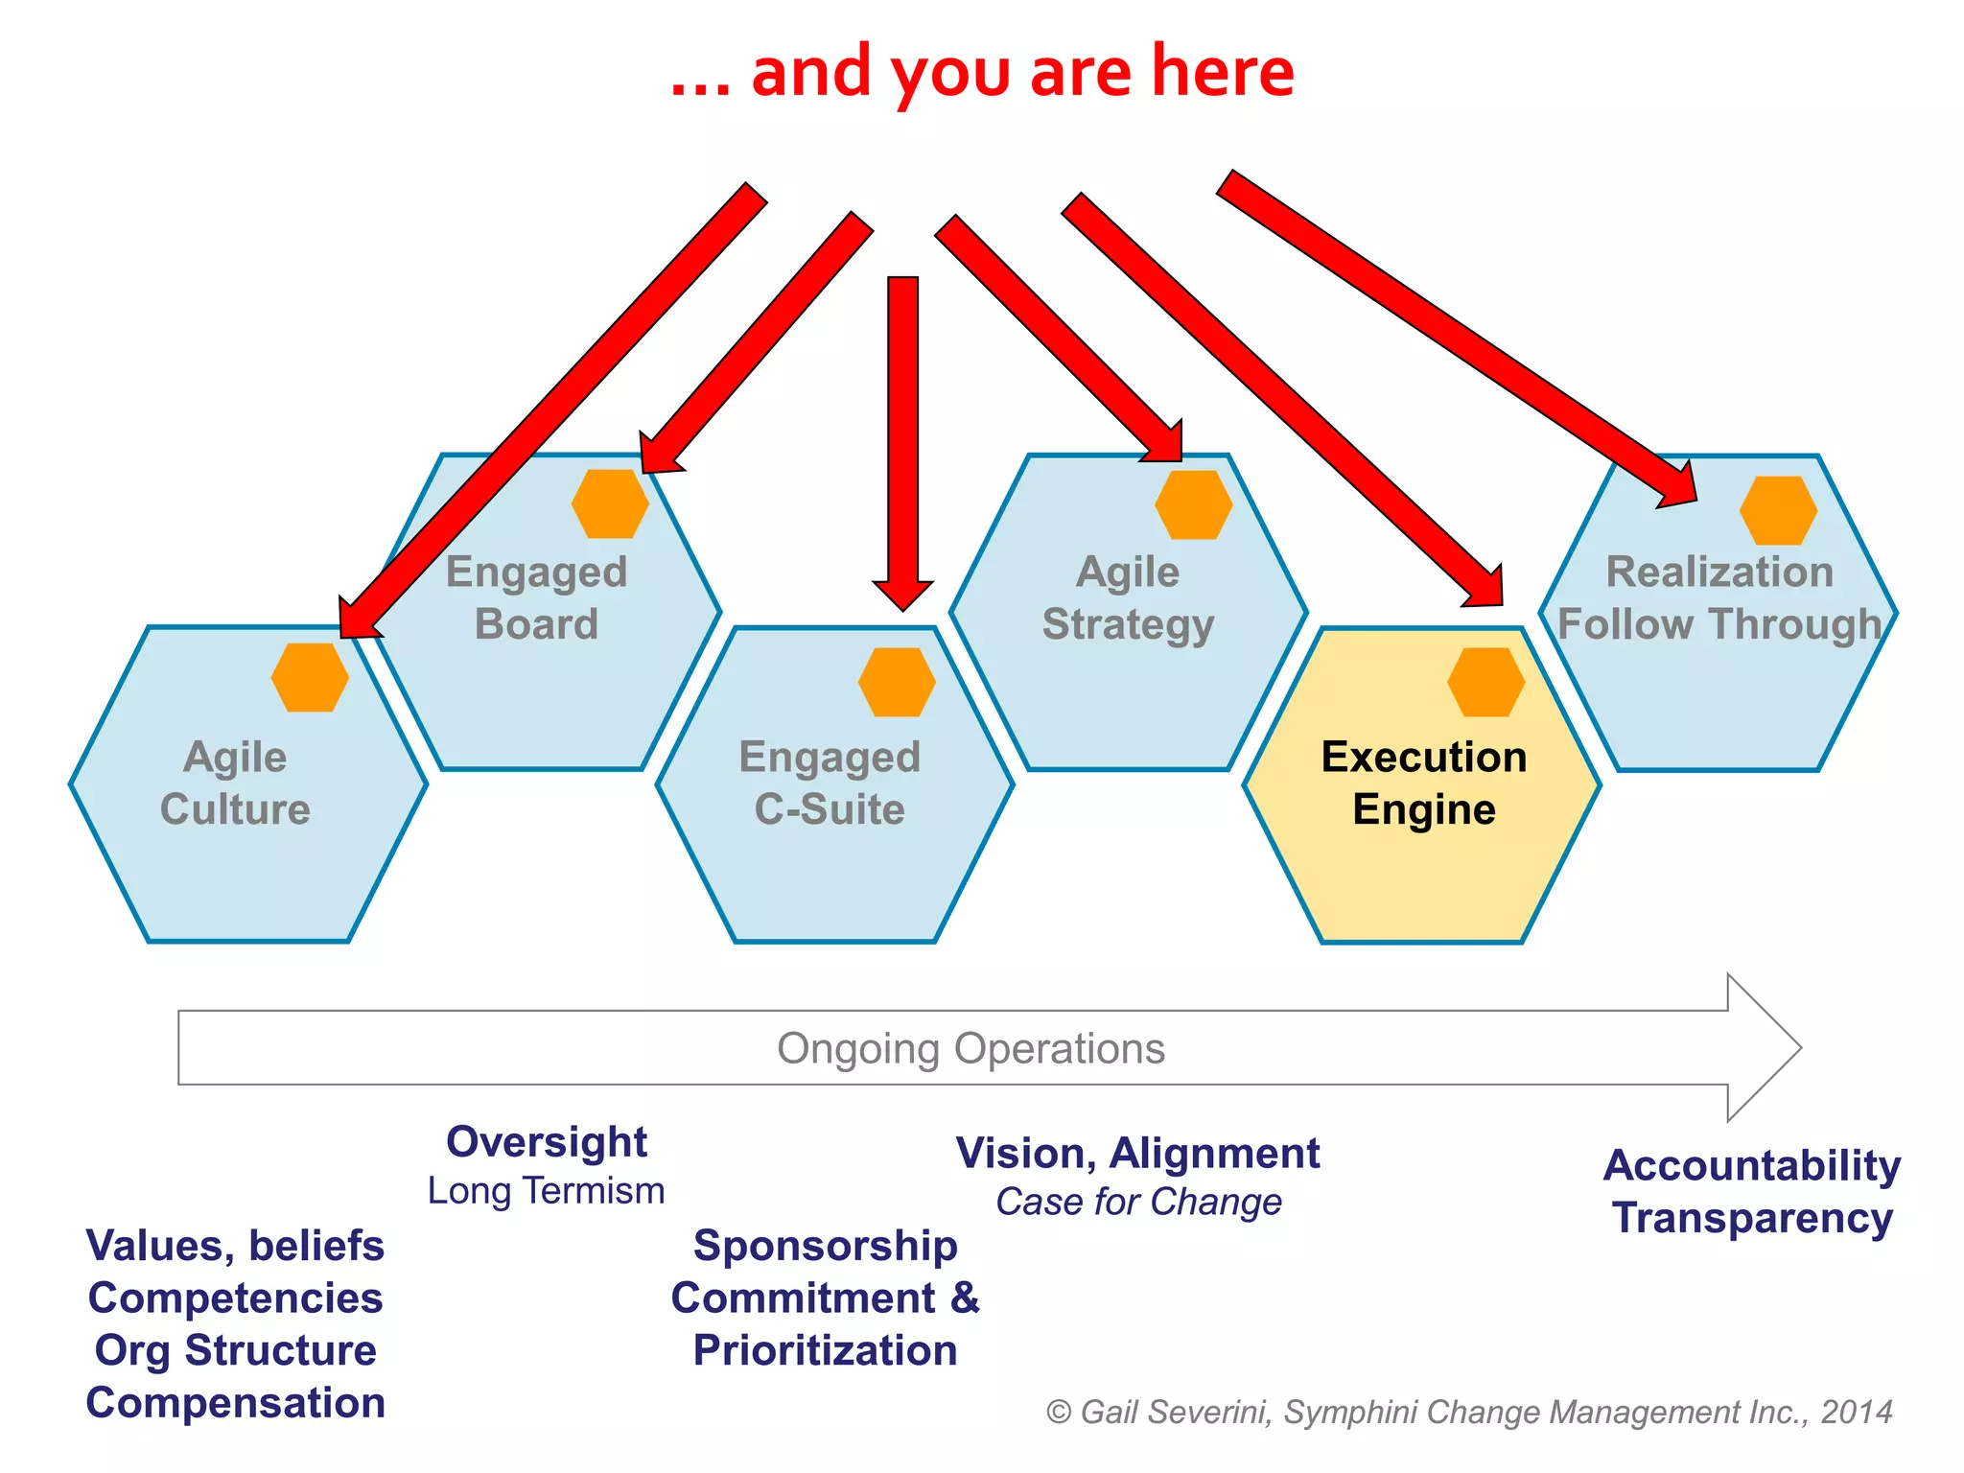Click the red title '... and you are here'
982,73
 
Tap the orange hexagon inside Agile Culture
310,677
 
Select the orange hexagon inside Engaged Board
610,503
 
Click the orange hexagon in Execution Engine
1485,682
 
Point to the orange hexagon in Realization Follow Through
1778,510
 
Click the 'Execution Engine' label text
1424,783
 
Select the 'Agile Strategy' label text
1129,597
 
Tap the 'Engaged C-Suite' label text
830,783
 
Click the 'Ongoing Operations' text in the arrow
970,1048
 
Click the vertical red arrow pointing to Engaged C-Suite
902,432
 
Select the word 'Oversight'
547,1142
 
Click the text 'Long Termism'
546,1191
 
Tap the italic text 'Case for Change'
1138,1202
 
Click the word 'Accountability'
1751,1166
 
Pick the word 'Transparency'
1752,1218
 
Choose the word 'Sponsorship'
825,1246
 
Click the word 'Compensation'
235,1403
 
